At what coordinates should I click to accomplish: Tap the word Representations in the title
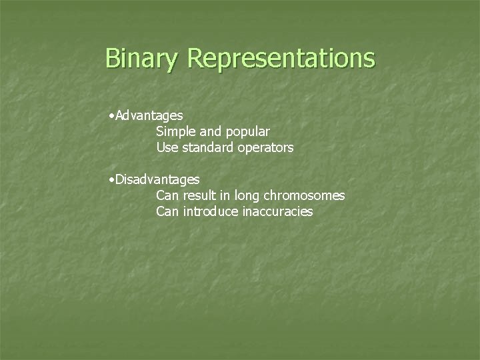coord(281,58)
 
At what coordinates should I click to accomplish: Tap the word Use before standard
coord(167,148)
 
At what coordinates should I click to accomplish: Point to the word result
coord(199,196)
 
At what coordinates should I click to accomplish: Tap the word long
coord(247,196)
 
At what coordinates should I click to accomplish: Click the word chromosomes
coord(305,196)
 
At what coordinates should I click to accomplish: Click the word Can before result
coord(167,196)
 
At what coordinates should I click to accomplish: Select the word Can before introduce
coord(167,212)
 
